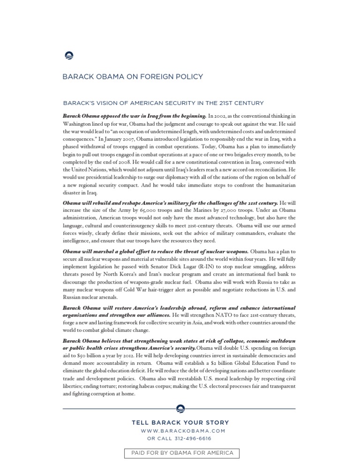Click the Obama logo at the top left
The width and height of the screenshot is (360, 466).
pos(68,56)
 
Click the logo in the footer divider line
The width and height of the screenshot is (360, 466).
pos(180,409)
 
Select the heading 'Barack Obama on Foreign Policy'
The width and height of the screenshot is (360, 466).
pos(133,77)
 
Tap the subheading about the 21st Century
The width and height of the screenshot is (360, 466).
pos(163,103)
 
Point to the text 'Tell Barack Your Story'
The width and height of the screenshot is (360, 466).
pos(180,423)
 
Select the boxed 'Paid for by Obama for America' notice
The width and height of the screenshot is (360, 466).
pos(182,453)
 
